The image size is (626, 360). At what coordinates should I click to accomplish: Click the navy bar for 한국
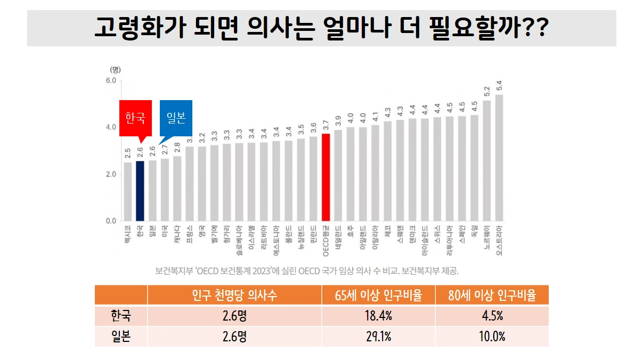[x=140, y=191]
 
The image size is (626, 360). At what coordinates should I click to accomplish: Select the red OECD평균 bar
[x=326, y=177]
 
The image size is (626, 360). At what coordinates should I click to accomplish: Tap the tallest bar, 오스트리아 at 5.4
[x=499, y=158]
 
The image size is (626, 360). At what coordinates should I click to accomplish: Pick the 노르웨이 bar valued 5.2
[x=486, y=160]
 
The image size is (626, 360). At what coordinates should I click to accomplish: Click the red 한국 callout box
[x=135, y=118]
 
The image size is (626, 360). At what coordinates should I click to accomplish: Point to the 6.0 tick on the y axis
[x=111, y=80]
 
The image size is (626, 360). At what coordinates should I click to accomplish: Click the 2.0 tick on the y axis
[x=111, y=174]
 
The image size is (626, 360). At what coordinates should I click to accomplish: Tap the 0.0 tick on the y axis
[x=111, y=220]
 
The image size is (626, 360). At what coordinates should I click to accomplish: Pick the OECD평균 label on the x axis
[x=326, y=240]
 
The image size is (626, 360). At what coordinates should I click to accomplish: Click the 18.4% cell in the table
[x=378, y=316]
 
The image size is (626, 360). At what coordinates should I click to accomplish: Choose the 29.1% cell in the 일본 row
[x=378, y=337]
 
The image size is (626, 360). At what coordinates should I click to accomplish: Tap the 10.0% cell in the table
[x=491, y=337]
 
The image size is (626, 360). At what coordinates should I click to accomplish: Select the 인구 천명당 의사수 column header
[x=234, y=295]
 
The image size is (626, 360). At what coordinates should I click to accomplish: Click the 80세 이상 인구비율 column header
[x=491, y=295]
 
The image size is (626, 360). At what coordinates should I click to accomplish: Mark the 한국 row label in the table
[x=121, y=316]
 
